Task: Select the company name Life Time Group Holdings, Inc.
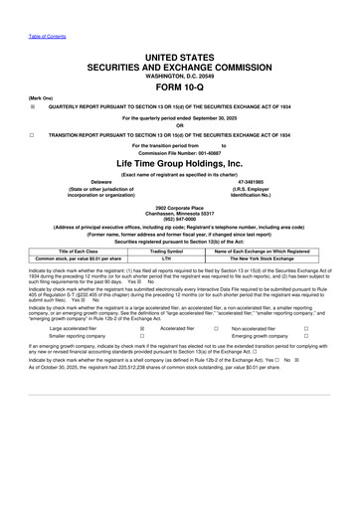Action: tap(180, 160)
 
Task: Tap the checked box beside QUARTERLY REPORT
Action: tap(33, 106)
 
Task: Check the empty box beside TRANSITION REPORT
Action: tap(33, 134)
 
